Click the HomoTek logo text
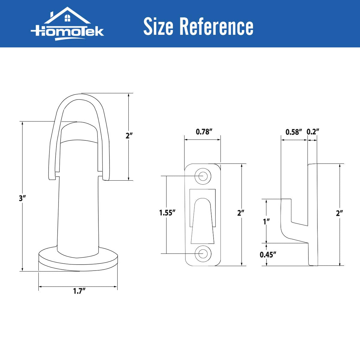[67, 32]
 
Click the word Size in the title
[158, 26]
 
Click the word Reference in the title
[216, 26]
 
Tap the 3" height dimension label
[22, 198]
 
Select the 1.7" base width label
[79, 291]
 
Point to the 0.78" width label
[204, 132]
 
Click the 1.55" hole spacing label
[167, 213]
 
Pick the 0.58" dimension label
[294, 132]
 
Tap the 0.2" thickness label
[313, 132]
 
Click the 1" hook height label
[266, 222]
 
